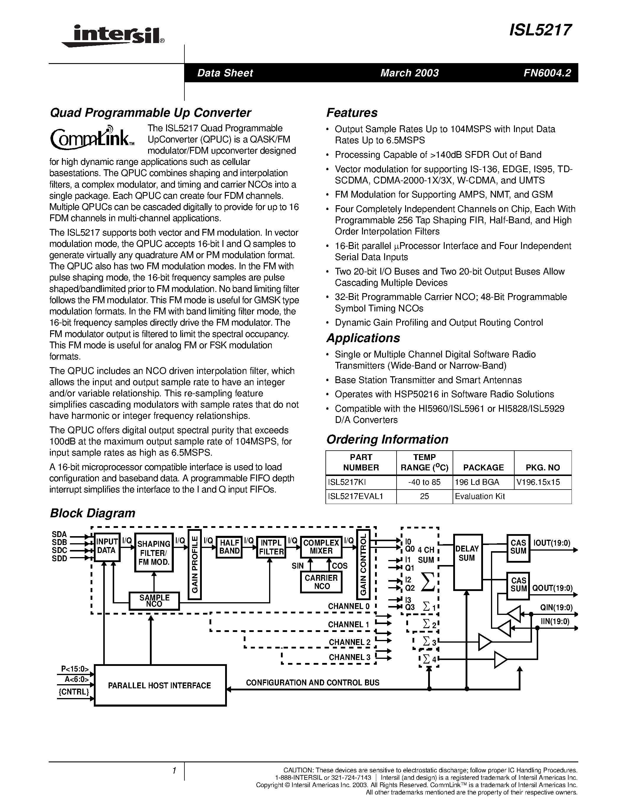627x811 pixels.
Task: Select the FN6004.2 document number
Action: coord(547,73)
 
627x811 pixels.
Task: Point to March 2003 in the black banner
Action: coord(409,73)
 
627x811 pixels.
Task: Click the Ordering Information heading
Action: coord(387,439)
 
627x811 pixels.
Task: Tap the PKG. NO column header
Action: coord(542,467)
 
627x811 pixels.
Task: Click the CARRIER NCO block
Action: coord(321,582)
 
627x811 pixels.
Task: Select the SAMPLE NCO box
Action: coord(154,600)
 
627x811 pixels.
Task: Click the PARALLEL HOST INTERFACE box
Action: coord(160,685)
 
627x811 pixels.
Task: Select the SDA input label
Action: coord(59,534)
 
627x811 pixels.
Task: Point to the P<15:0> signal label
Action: coord(75,669)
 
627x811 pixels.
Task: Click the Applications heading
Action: coord(363,338)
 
